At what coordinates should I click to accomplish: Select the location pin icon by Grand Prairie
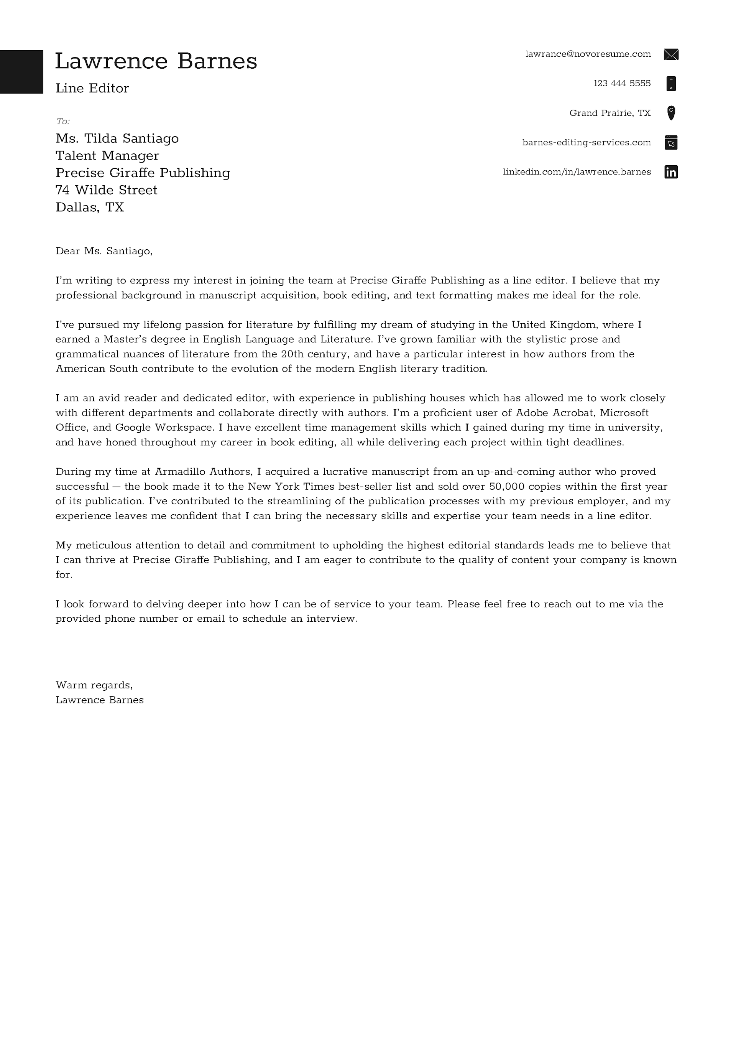(671, 113)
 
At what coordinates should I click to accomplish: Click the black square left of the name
(21, 72)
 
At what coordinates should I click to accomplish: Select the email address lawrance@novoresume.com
(588, 54)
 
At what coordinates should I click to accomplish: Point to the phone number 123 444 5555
(622, 84)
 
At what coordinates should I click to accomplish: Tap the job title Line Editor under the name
(92, 88)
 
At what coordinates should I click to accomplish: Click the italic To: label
(62, 121)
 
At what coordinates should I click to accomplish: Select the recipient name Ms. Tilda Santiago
(117, 138)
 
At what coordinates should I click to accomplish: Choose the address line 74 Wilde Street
(106, 190)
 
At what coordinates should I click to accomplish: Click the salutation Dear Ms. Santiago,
(104, 251)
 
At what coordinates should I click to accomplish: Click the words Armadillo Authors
(203, 472)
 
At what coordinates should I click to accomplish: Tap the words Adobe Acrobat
(556, 413)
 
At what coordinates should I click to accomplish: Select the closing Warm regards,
(94, 685)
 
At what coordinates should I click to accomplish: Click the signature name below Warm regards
(99, 700)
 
